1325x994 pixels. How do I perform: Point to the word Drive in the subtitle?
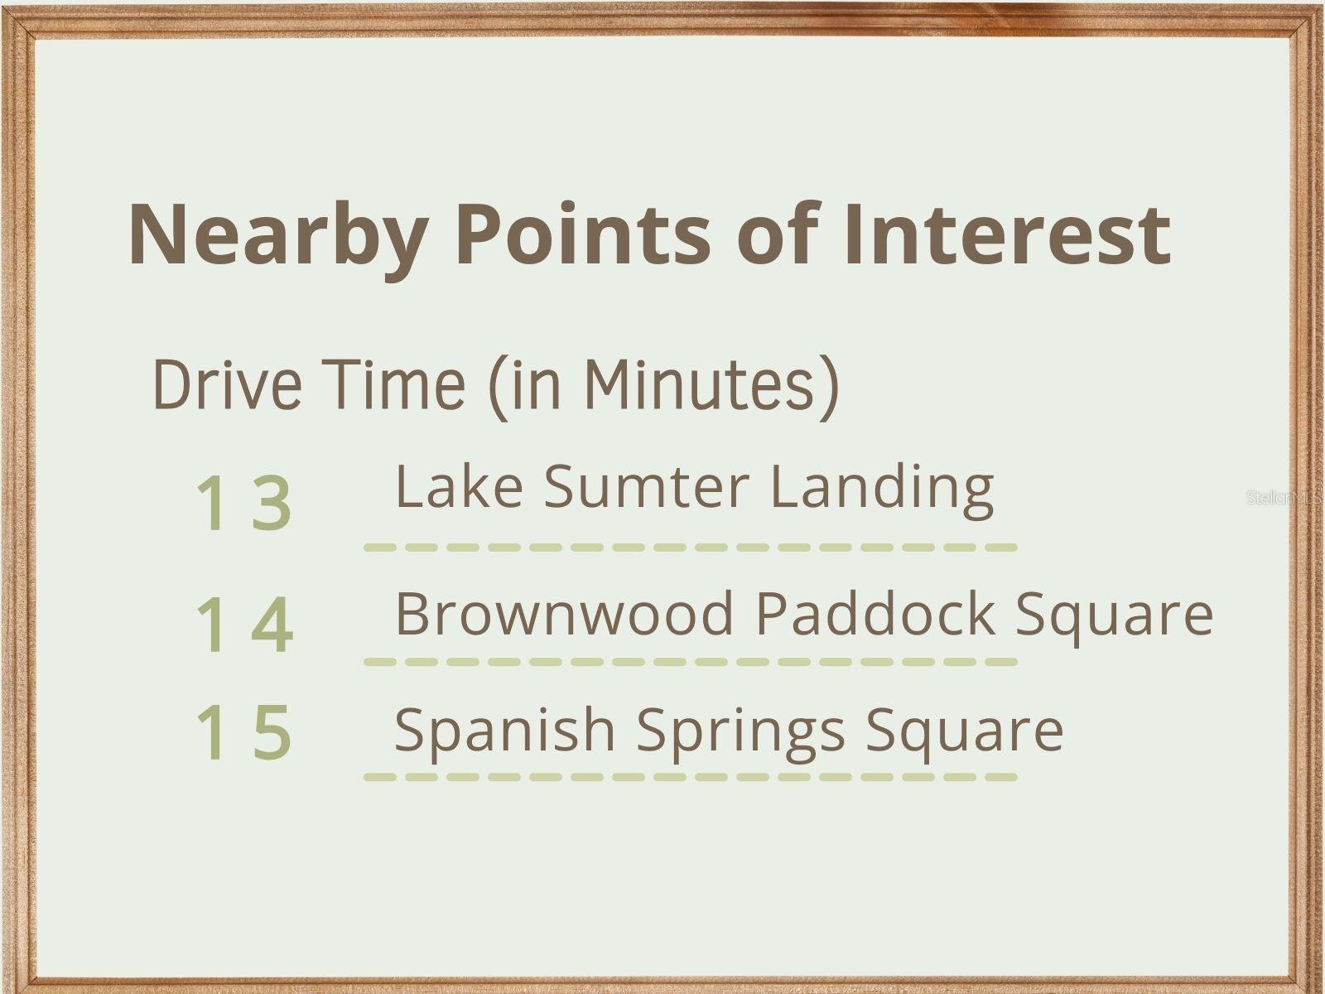tap(228, 384)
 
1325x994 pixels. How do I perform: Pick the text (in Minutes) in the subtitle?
tap(663, 386)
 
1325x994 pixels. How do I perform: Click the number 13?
tap(243, 503)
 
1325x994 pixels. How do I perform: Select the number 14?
tap(243, 625)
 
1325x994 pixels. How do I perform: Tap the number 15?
tap(243, 732)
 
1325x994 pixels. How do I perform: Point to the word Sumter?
tap(647, 486)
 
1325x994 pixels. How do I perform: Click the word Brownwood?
tap(564, 613)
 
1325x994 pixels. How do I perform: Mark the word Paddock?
tap(876, 613)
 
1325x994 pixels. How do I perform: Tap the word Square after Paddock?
tap(1115, 620)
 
